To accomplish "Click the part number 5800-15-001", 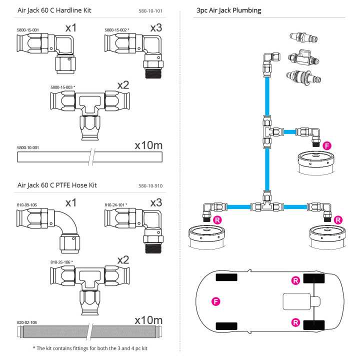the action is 28,30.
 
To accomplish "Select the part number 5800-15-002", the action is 115,30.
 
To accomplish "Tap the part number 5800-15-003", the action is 61,87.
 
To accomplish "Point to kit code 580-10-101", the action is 150,11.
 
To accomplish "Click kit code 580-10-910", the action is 150,186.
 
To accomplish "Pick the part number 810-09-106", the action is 27,205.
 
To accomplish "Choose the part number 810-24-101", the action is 114,205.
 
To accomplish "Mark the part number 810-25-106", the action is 60,262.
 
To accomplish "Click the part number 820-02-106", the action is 27,322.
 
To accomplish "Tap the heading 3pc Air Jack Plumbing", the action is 229,10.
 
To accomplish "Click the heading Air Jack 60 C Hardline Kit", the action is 54,10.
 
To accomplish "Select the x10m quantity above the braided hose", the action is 148,320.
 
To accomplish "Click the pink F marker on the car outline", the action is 216,301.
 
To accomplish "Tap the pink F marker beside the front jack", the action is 327,146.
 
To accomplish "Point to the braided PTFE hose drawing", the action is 90,332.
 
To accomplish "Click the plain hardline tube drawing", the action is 90,157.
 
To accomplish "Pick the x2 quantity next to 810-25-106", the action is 123,260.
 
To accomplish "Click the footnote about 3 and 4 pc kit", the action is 90,348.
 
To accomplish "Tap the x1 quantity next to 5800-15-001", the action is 71,28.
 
